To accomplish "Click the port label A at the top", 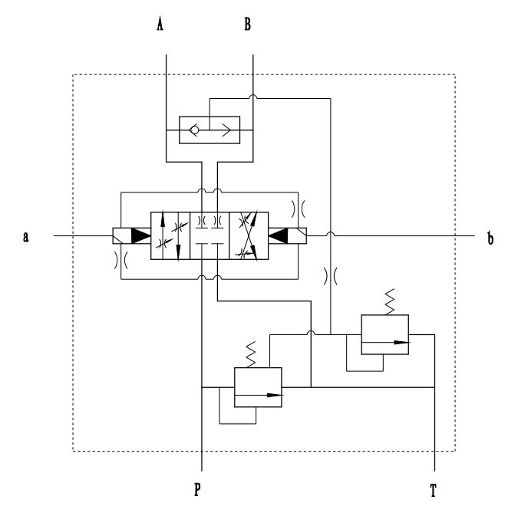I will tap(160, 25).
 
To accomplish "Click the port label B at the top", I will tap(248, 25).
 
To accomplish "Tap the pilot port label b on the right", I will tap(490, 237).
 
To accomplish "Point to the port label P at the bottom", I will tap(197, 490).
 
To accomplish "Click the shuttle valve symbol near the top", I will tap(209, 130).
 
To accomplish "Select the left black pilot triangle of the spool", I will tap(140, 237).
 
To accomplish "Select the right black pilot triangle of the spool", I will tap(279, 237).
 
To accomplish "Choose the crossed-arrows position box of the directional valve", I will tap(249, 237).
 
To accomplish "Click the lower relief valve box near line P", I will tap(257, 387).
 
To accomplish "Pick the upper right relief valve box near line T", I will tap(384, 334).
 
